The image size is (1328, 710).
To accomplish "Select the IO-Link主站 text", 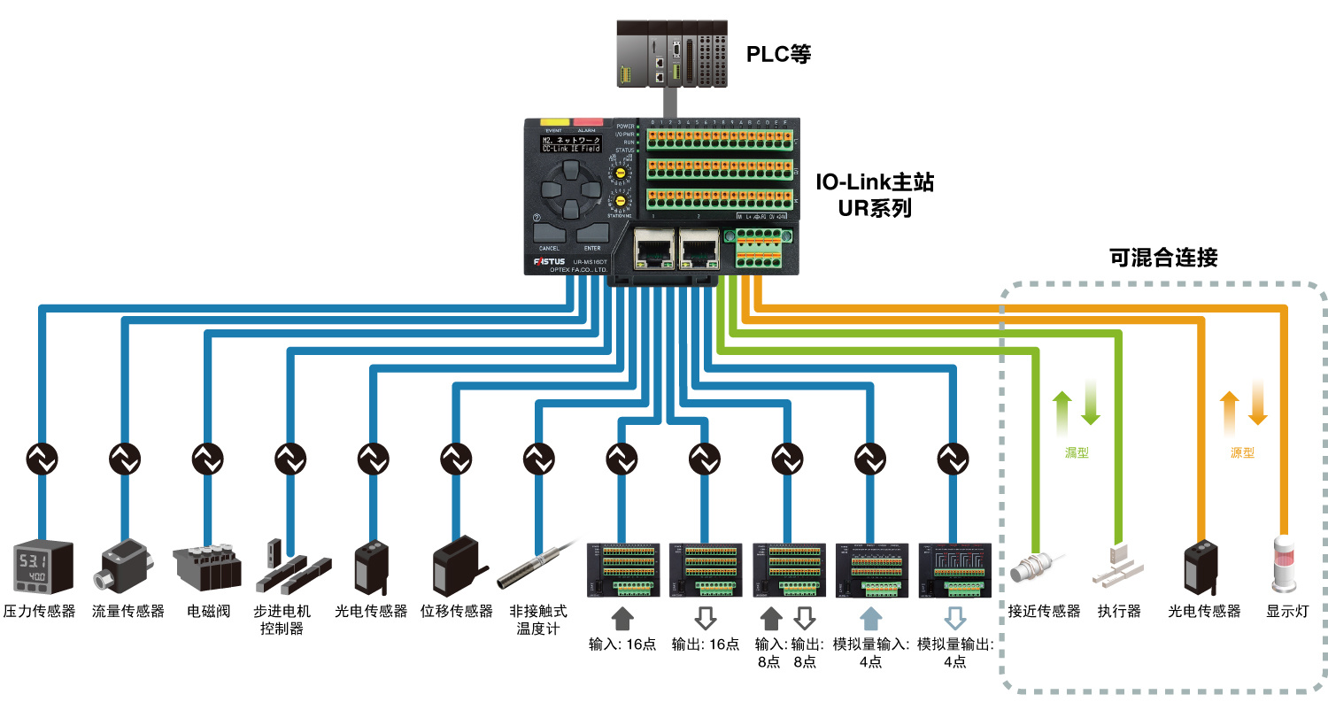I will (x=875, y=183).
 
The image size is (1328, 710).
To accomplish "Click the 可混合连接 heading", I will (x=1163, y=258).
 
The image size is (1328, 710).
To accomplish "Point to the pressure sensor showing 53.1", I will (x=42, y=567).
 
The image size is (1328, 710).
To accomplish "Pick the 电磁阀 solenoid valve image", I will (x=208, y=567).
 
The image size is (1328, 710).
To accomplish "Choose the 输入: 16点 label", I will (x=622, y=644).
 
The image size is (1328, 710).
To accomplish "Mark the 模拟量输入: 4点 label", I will (x=870, y=652).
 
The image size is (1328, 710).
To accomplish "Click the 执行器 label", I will (x=1119, y=611).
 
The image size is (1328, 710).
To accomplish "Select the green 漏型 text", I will (x=1077, y=452).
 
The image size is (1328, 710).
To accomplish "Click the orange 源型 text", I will (x=1243, y=452).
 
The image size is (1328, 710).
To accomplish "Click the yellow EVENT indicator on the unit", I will (x=554, y=121).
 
